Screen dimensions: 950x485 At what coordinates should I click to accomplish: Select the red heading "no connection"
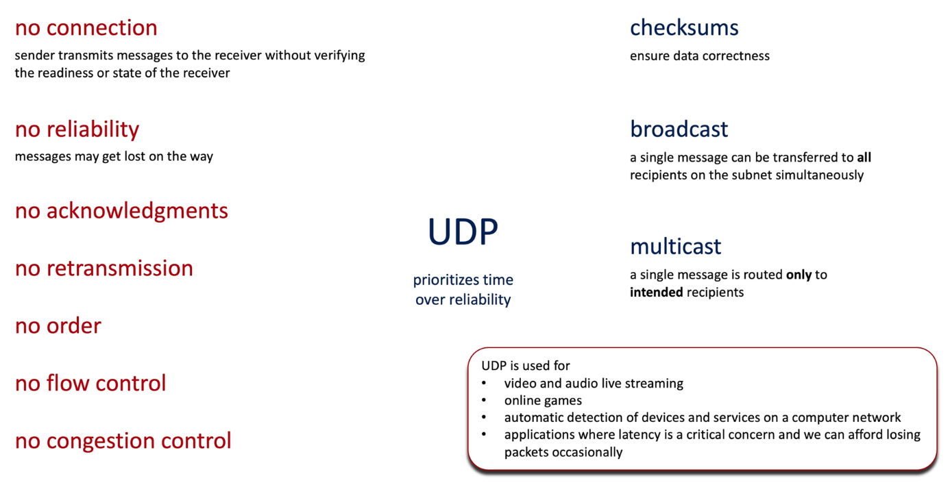pos(86,28)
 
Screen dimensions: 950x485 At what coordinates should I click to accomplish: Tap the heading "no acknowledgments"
pos(121,211)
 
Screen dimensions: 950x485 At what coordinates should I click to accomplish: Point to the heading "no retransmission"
pos(104,269)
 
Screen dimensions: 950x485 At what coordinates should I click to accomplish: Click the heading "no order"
pos(58,326)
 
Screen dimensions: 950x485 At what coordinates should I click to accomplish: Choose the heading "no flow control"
pos(90,383)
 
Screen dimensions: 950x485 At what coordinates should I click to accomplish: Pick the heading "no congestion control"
pos(123,441)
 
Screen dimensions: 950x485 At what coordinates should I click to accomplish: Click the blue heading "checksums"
pos(684,28)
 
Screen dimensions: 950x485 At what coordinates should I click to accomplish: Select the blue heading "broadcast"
pos(679,129)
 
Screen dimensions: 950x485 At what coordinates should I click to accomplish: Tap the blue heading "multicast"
pos(676,247)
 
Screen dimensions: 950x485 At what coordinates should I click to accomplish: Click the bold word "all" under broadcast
pos(864,158)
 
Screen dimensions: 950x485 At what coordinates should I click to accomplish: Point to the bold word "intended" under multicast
pos(656,292)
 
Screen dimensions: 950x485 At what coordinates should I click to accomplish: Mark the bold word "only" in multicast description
pos(799,275)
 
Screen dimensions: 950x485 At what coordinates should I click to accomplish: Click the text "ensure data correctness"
pos(699,56)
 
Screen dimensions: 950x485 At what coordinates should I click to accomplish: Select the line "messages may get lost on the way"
pos(114,157)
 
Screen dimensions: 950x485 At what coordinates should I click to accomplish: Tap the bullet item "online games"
pos(543,401)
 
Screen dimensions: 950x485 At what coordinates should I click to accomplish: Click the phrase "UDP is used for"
pos(526,365)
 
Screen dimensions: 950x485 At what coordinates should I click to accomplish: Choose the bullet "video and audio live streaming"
pos(594,383)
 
